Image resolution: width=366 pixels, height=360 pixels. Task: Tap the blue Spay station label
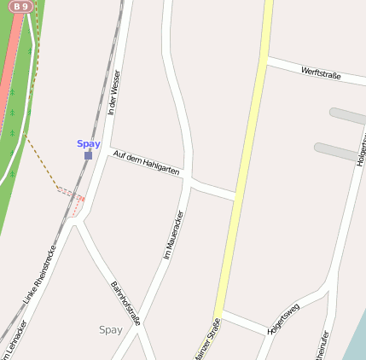pos(89,143)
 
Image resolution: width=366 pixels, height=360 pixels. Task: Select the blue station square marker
pos(89,155)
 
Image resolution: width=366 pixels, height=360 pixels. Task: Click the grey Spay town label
pos(111,329)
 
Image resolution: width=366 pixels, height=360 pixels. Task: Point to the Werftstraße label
pos(321,74)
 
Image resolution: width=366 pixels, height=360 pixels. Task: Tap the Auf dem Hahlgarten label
pos(146,163)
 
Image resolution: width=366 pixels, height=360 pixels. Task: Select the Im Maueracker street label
pos(173,235)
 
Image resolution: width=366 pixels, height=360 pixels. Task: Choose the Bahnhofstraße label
pos(125,303)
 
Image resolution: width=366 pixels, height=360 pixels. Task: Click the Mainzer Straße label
pos(207,339)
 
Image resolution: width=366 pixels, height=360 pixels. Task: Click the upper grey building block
pos(347,116)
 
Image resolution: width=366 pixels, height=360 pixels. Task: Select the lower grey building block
pos(337,152)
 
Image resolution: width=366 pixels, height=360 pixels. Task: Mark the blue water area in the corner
pos(357,345)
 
